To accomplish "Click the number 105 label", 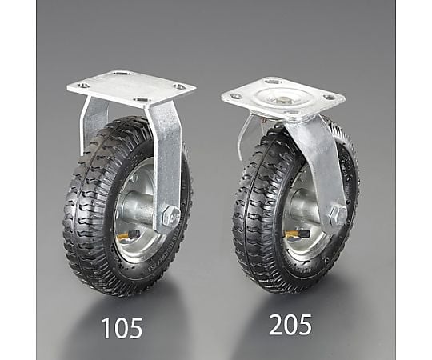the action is coord(122,328).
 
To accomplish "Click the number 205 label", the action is coord(290,325).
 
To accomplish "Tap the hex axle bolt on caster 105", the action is coord(171,215).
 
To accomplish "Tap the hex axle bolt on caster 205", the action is coord(338,215).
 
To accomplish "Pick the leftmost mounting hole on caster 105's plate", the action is coord(83,86).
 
